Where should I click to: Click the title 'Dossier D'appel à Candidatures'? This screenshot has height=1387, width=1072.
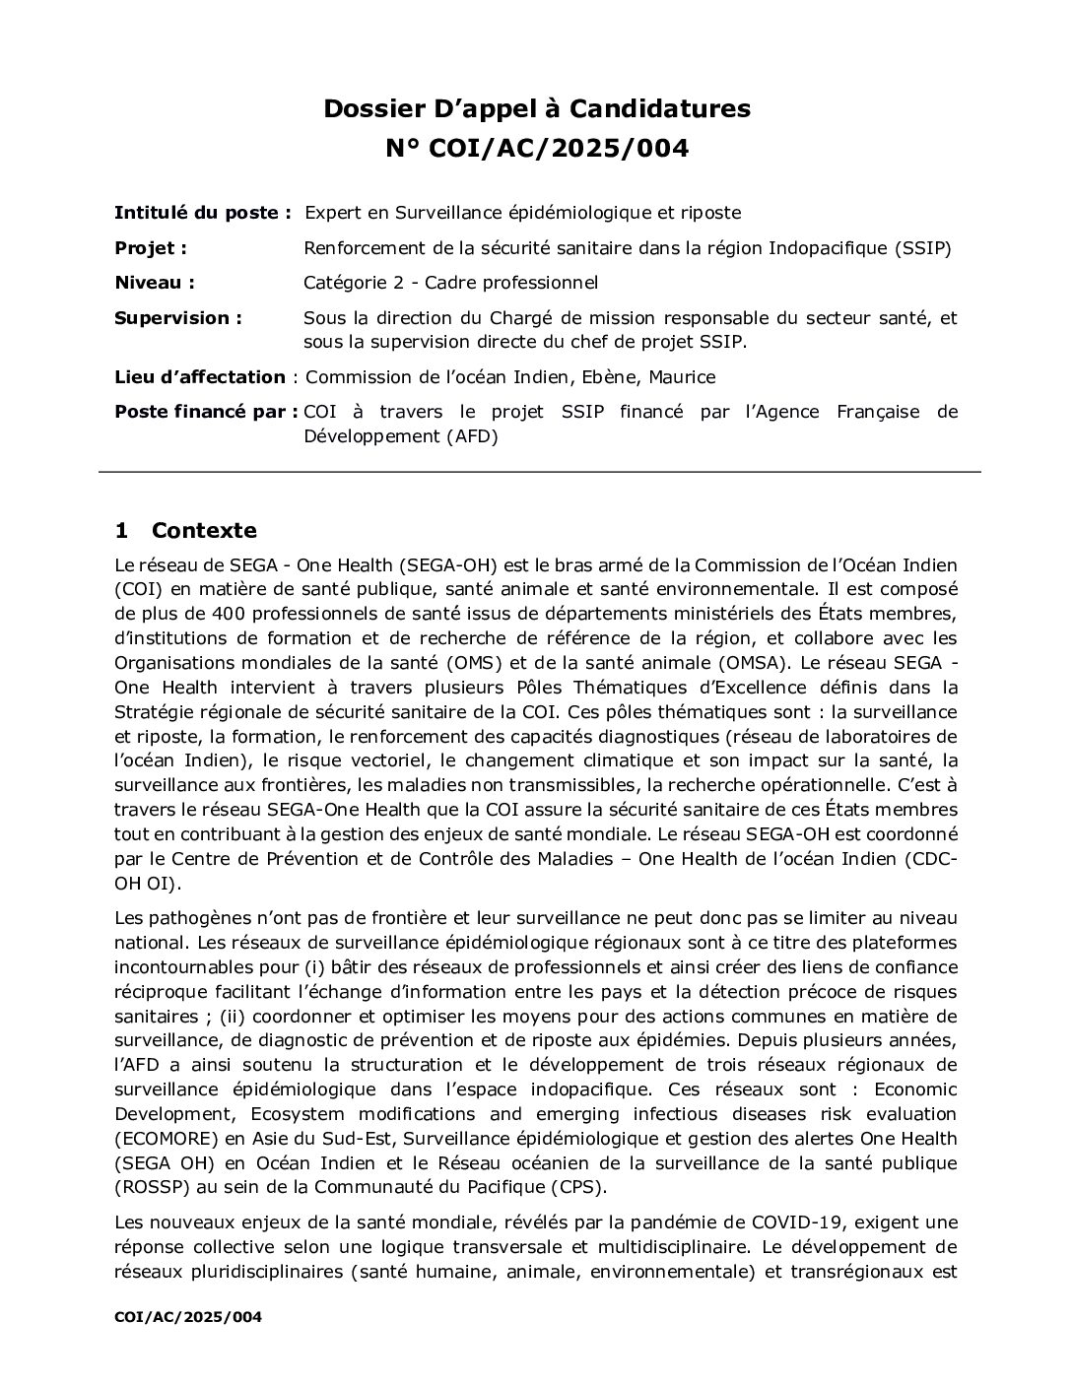[537, 108]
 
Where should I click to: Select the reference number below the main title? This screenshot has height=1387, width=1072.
[537, 149]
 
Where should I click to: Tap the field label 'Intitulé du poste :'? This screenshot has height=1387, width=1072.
[203, 213]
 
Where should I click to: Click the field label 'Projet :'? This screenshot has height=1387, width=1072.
[151, 248]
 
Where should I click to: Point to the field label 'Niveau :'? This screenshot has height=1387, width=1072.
[155, 284]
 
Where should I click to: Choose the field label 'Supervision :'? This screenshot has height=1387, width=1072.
[178, 318]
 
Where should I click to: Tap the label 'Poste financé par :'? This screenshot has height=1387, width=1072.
[206, 412]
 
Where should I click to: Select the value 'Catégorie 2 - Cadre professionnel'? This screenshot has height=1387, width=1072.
[450, 284]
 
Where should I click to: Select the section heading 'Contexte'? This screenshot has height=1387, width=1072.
[204, 531]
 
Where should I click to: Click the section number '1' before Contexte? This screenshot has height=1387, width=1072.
[121, 531]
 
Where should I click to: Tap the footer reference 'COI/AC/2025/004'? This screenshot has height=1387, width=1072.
[188, 1317]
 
